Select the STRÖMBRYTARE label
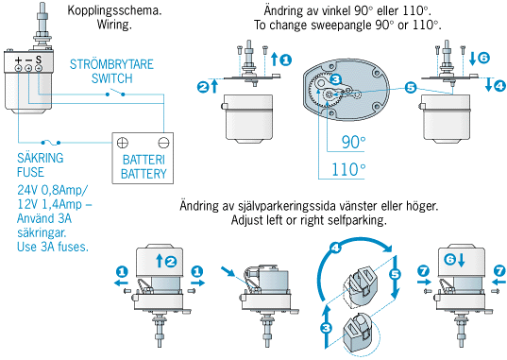[111, 64]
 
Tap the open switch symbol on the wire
[115, 94]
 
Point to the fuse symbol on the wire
[51, 142]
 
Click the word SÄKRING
[40, 158]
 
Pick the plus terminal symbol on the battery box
[123, 143]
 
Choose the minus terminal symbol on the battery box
[163, 143]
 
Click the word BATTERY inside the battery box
[144, 174]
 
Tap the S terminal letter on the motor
[39, 60]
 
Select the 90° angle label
[353, 143]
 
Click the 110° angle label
[348, 170]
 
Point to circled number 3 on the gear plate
[336, 79]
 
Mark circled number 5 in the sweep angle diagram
[411, 87]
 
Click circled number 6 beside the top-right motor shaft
[483, 58]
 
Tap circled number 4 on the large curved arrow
[335, 248]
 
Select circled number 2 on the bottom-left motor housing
[171, 261]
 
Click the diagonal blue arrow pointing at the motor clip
[228, 271]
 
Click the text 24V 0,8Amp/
[52, 190]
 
